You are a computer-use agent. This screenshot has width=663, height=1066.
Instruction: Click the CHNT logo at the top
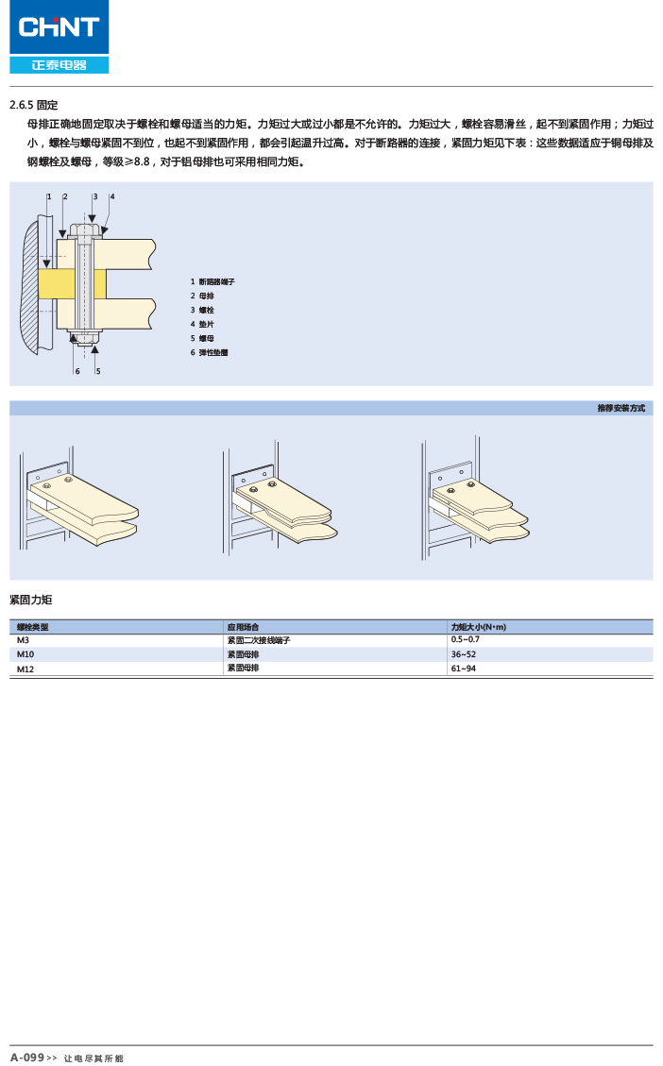tap(59, 27)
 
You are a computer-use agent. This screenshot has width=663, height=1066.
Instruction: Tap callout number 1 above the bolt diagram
tap(48, 196)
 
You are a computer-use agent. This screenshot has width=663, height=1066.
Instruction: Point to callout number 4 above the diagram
tap(112, 196)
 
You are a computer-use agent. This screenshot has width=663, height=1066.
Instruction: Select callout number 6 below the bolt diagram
tap(77, 371)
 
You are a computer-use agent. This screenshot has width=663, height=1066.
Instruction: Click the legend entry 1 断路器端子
tap(212, 281)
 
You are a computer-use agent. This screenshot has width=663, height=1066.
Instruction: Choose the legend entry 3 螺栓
tap(202, 310)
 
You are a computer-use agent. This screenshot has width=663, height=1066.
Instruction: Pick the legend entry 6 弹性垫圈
tap(209, 352)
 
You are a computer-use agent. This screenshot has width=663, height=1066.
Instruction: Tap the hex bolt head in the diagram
tap(86, 229)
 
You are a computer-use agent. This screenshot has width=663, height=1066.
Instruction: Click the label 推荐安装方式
tap(620, 408)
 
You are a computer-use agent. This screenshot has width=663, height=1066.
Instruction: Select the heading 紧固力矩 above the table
tap(30, 600)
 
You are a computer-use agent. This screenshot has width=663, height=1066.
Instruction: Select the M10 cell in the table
tap(25, 654)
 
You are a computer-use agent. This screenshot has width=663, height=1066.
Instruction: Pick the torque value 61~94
tap(464, 668)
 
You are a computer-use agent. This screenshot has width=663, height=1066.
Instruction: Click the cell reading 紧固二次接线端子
tap(258, 640)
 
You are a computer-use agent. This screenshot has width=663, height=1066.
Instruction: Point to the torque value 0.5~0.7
tap(466, 640)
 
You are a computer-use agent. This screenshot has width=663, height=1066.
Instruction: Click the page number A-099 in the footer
tap(27, 1058)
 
